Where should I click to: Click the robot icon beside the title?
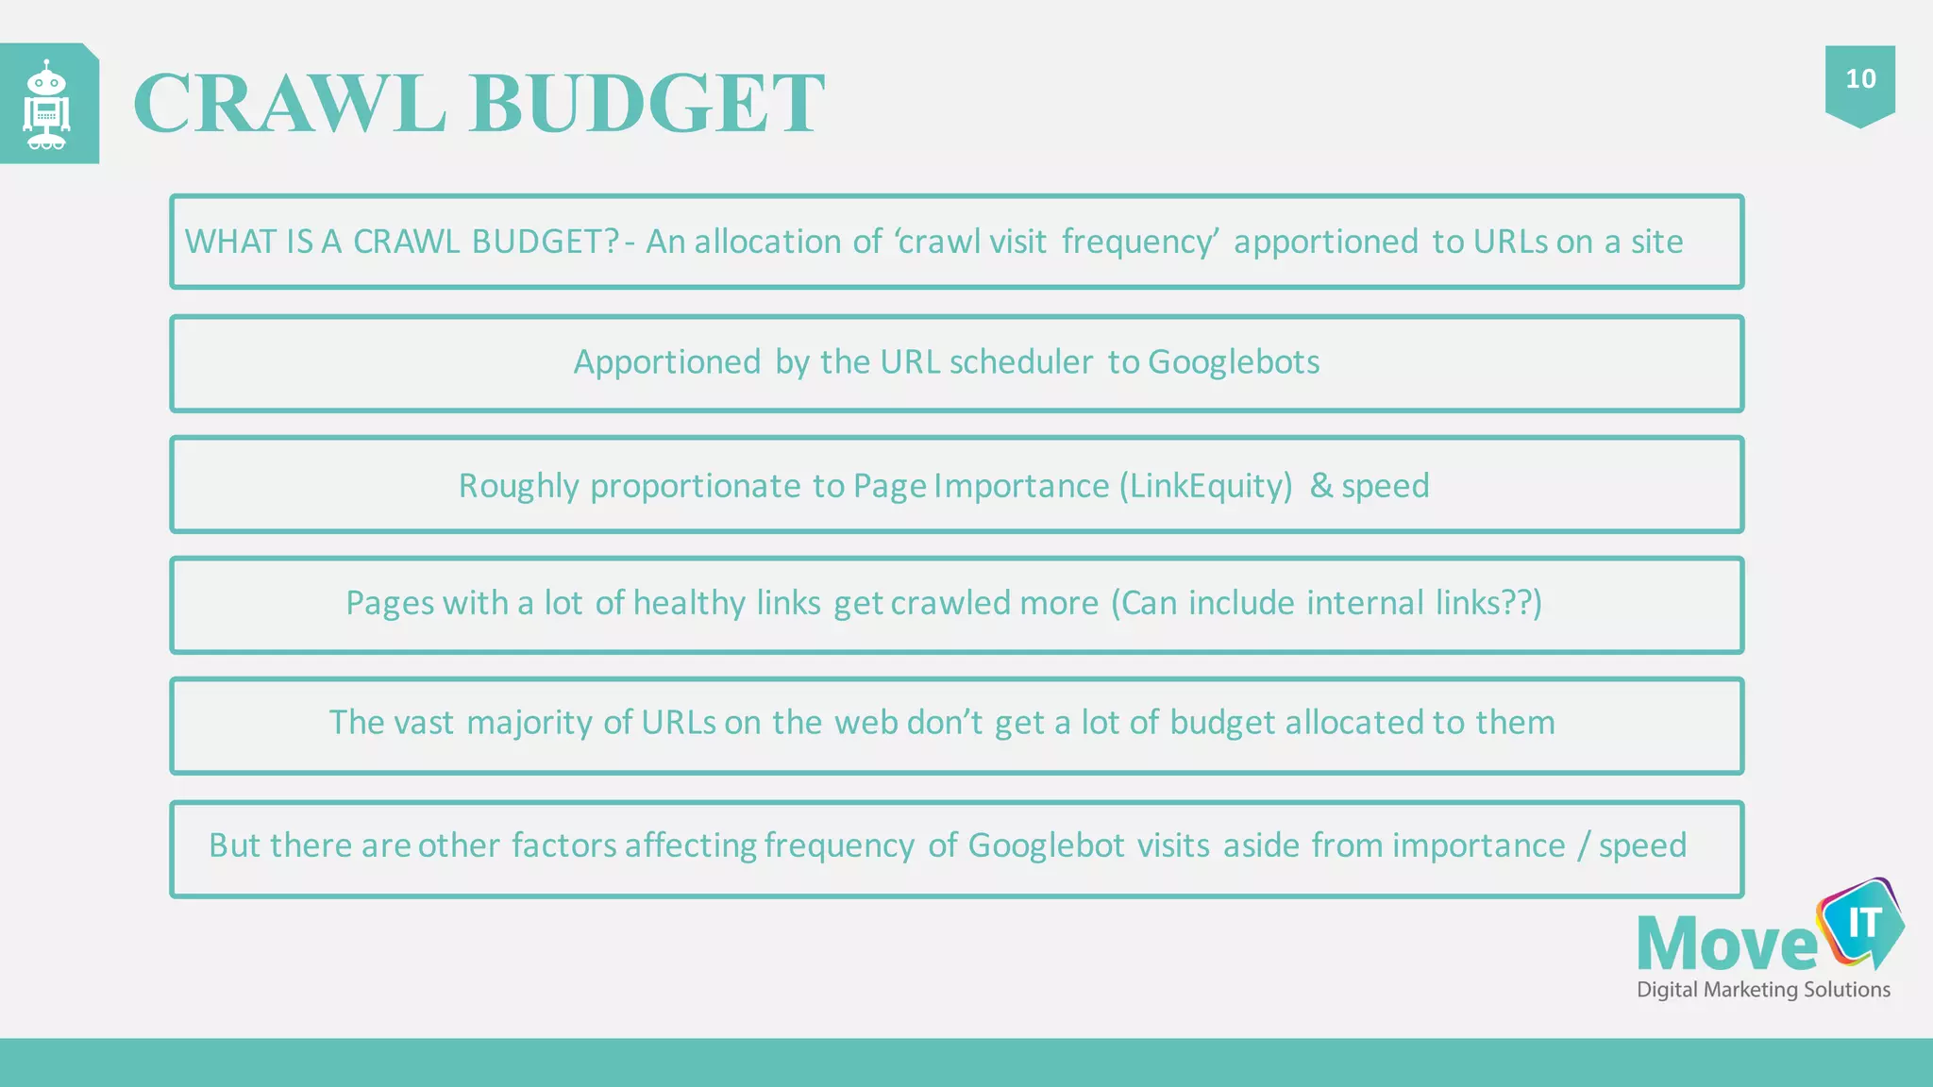pos(47,105)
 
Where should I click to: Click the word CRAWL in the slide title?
pos(289,103)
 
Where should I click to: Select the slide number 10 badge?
pos(1860,79)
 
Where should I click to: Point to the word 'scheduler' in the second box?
pos(1021,362)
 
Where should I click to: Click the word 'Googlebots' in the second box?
pos(1234,362)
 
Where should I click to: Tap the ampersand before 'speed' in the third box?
pos(1321,486)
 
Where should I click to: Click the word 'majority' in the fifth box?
pos(530,723)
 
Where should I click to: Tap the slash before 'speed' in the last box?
pos(1583,845)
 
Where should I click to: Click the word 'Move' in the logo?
pos(1727,945)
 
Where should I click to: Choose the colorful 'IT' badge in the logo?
pos(1862,924)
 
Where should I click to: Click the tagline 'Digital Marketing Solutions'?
pos(1763,990)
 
